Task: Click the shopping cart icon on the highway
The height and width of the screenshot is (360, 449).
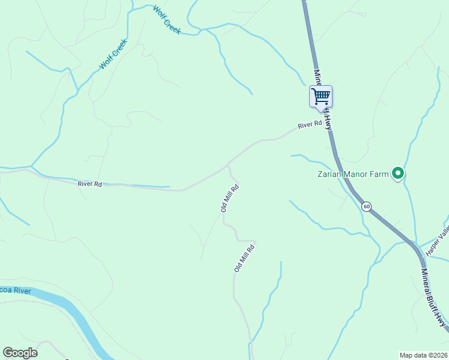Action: [x=321, y=96]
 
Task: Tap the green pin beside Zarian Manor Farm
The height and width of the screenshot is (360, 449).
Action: [x=397, y=173]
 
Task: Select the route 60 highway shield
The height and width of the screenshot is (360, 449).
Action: [x=366, y=206]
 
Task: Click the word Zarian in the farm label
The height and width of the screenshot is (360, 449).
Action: [x=330, y=175]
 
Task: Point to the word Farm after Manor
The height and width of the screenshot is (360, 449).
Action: [x=379, y=175]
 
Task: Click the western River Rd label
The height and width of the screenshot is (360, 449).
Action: [x=89, y=184]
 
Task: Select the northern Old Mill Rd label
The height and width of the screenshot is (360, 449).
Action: [x=229, y=199]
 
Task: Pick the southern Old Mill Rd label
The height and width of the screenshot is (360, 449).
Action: [x=245, y=258]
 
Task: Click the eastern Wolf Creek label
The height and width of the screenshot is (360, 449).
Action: [x=167, y=19]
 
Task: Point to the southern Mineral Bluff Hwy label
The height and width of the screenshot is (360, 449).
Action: [x=434, y=298]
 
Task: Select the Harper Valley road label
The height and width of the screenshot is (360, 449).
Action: [x=437, y=241]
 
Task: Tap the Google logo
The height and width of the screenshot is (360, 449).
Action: [x=20, y=353]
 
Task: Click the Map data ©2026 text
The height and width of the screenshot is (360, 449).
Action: [x=423, y=355]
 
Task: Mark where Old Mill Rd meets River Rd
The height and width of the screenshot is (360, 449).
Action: [x=228, y=164]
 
